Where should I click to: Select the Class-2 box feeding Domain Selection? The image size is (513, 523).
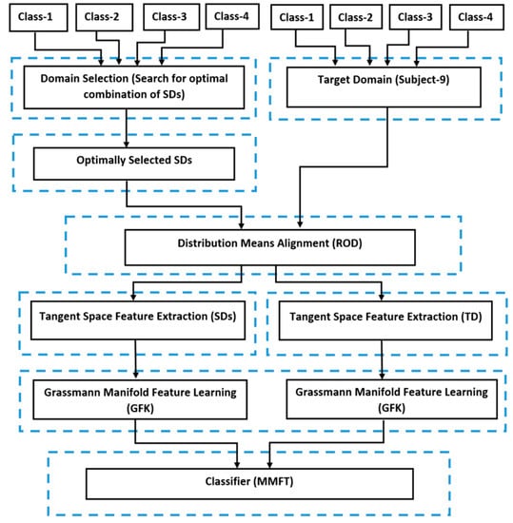tap(100, 16)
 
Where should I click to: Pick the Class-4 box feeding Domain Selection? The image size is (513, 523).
tap(232, 16)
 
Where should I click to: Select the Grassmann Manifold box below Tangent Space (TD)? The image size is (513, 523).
tap(392, 398)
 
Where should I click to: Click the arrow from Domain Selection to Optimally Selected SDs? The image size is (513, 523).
tap(127, 128)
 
